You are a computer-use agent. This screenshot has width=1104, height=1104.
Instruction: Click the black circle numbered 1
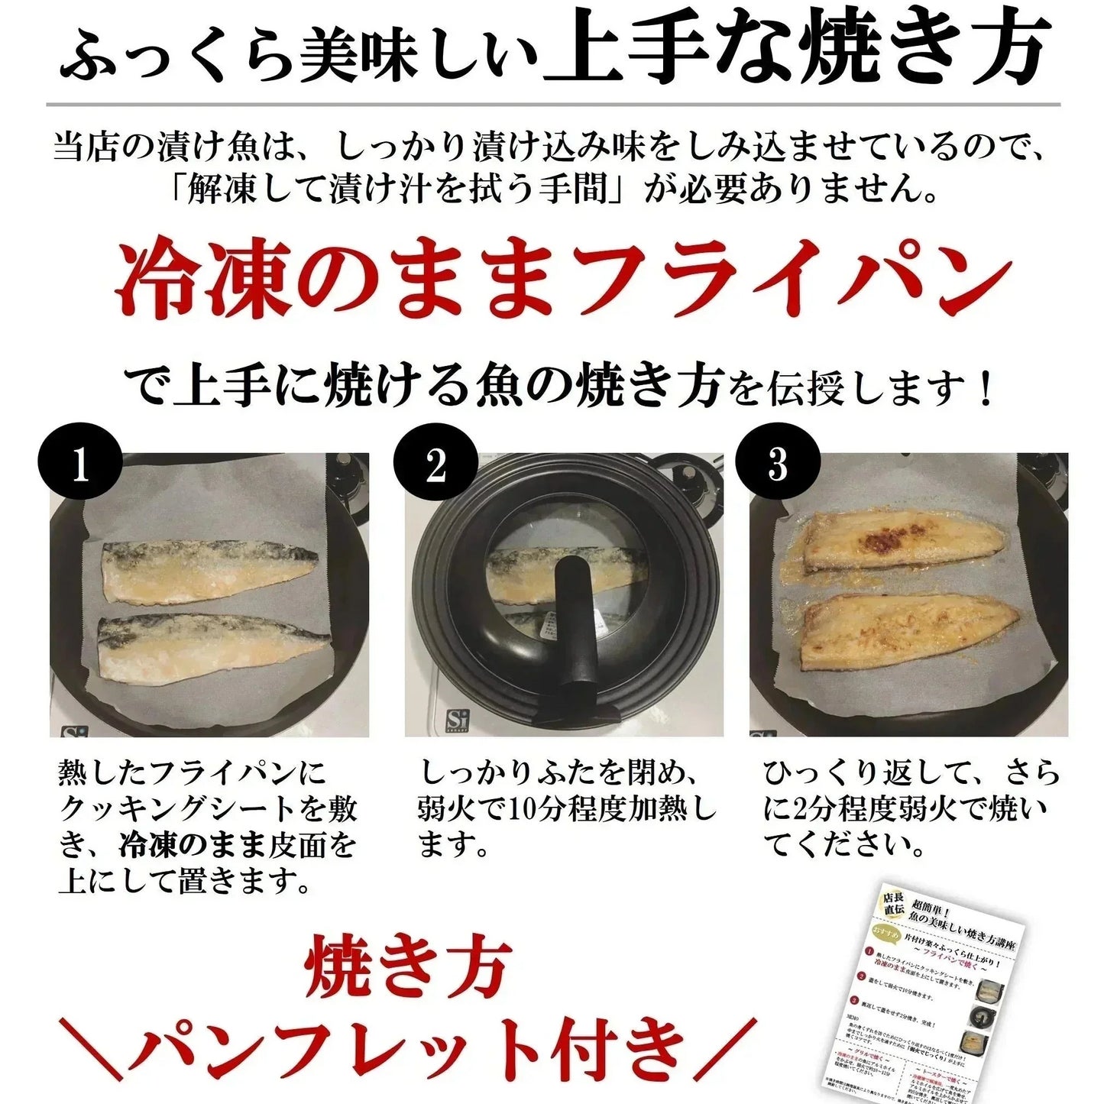[80, 465]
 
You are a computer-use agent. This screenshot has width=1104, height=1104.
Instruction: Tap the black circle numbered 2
[435, 465]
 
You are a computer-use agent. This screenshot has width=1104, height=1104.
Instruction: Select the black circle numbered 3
[778, 465]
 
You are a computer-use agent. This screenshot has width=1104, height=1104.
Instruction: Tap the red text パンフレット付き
[405, 1047]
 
